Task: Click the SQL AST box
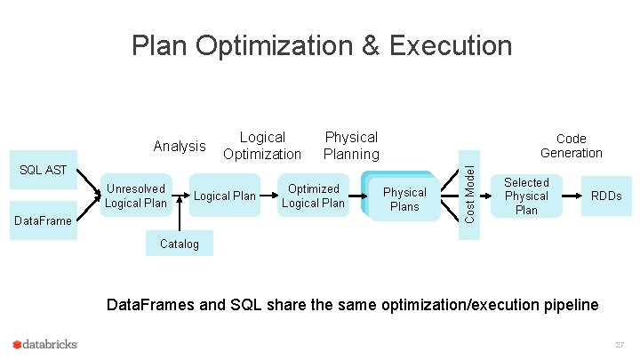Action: point(44,171)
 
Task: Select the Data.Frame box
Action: point(44,221)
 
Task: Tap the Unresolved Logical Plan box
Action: point(136,196)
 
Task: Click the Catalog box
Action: point(180,244)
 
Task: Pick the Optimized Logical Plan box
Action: point(313,196)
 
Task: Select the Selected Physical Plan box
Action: point(526,196)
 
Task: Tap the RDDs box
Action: point(607,196)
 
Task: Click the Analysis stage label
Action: point(180,147)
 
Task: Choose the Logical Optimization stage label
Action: point(262,146)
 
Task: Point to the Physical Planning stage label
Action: point(351,146)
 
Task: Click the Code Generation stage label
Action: point(571,146)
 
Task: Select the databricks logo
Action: point(46,344)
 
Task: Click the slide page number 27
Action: point(620,344)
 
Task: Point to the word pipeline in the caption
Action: point(570,305)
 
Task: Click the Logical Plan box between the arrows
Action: point(225,196)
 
